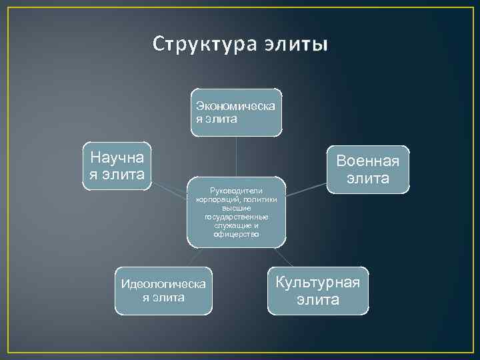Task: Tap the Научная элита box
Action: tap(117, 166)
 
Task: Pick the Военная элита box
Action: tap(368, 169)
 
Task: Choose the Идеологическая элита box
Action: tap(163, 291)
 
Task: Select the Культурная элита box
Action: tap(318, 291)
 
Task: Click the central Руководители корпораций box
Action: tap(237, 211)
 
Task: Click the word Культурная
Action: tap(318, 282)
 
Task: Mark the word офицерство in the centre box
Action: tap(237, 234)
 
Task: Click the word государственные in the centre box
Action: tap(237, 217)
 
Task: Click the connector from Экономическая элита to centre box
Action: tap(237, 156)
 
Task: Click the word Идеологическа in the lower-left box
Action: tap(163, 285)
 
